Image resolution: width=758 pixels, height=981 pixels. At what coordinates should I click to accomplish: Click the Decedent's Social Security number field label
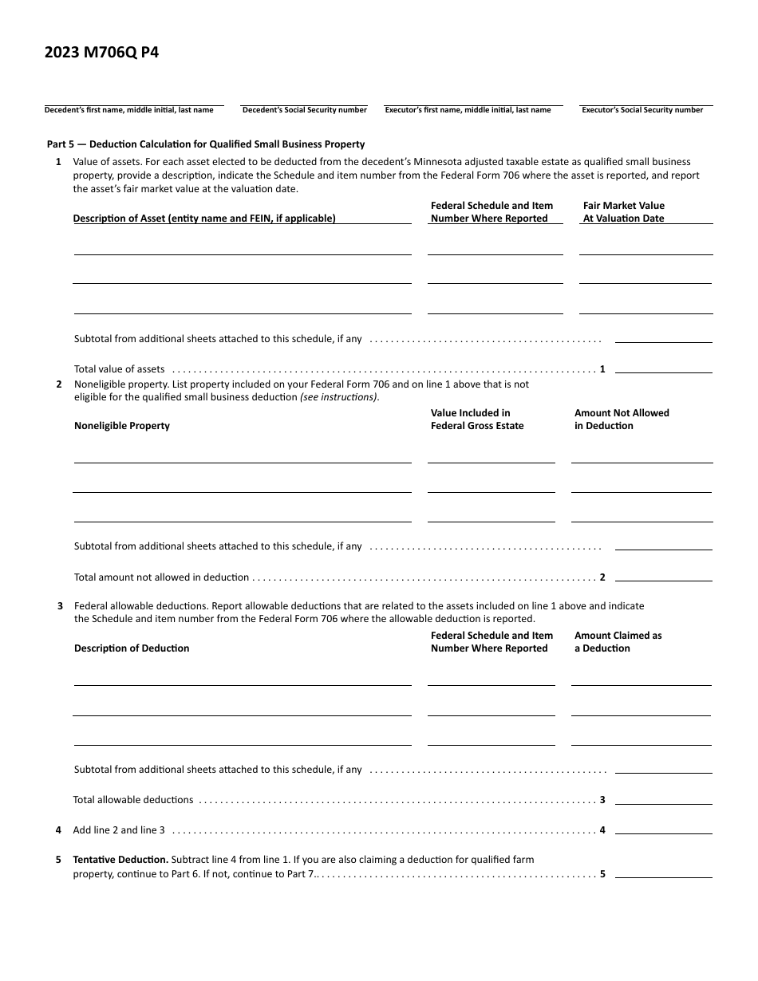click(304, 110)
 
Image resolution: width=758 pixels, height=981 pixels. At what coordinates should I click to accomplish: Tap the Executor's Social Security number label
click(642, 110)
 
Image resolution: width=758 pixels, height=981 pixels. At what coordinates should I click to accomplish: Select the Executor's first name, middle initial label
click(468, 110)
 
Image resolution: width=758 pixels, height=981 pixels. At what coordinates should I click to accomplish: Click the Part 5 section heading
click(206, 144)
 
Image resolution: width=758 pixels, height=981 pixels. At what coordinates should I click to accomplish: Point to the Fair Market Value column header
click(623, 212)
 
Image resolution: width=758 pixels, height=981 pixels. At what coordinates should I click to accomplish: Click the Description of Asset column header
click(204, 219)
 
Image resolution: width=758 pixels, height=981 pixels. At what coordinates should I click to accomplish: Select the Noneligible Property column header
click(122, 426)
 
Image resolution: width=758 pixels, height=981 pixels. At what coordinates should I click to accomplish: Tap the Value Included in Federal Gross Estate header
click(477, 420)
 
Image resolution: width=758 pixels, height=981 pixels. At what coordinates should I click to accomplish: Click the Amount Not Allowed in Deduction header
click(622, 420)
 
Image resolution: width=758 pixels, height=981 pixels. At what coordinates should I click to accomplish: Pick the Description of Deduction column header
click(132, 648)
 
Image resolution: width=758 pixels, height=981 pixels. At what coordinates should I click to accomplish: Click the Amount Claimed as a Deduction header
click(618, 642)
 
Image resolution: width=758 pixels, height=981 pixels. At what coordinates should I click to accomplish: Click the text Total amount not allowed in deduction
click(161, 577)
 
